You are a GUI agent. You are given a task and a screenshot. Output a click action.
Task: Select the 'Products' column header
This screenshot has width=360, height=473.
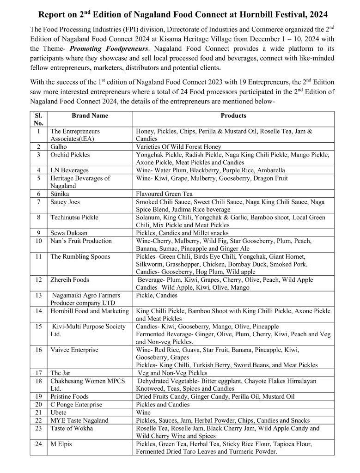[x=233, y=115]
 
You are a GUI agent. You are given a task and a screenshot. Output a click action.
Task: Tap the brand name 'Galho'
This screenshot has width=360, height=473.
[x=59, y=146]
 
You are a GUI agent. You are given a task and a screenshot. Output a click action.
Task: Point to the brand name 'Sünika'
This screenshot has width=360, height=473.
[x=60, y=194]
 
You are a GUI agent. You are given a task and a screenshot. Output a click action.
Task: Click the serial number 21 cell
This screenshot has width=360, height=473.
[x=38, y=412]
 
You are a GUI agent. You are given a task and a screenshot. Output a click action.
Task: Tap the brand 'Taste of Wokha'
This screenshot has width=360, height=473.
[x=72, y=428]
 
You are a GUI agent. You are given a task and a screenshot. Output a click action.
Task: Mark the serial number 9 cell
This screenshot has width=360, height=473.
[x=38, y=233]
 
